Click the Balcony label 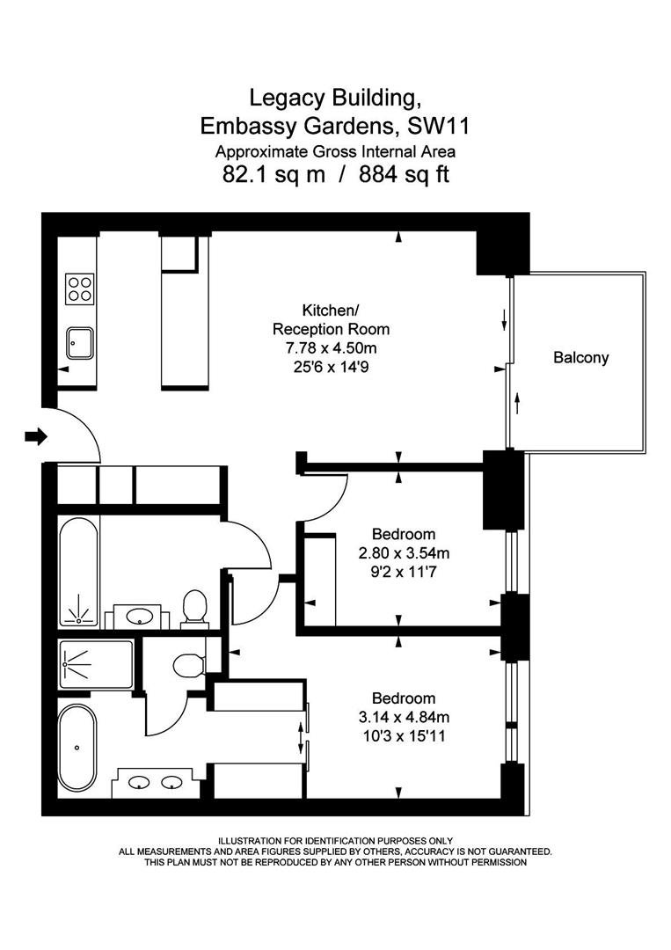[580, 357]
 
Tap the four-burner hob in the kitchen [80, 289]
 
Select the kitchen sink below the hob [80, 344]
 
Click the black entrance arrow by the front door [36, 435]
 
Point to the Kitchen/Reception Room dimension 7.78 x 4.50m [332, 348]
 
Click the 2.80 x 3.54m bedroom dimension [404, 552]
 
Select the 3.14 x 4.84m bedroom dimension [404, 718]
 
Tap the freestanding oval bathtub [77, 747]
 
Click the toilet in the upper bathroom [194, 606]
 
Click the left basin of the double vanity [140, 783]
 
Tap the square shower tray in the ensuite [96, 664]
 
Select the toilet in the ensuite [186, 666]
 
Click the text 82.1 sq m [274, 174]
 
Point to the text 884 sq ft [404, 174]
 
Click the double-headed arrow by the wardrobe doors [302, 737]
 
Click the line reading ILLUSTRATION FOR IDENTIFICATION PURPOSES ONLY [335, 841]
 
